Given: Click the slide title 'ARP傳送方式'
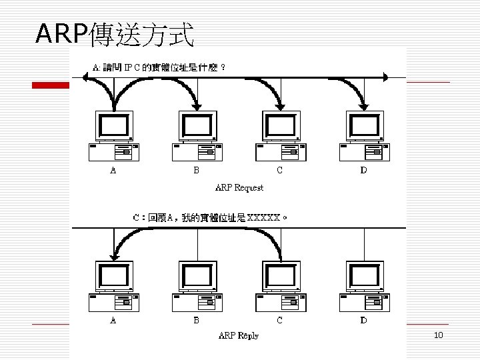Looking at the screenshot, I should (115, 33).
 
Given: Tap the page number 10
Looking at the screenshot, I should (438, 335).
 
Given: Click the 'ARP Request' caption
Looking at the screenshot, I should (239, 187).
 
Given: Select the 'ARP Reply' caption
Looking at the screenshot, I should (239, 335).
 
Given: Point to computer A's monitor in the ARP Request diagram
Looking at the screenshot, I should (114, 126).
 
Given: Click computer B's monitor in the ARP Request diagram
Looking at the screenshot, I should (197, 126).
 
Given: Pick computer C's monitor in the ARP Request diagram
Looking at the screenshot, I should (281, 126).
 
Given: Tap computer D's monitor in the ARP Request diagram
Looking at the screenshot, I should (364, 126).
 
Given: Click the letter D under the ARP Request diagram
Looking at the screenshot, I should (363, 170).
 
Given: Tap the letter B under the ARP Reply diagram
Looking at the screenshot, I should (196, 320).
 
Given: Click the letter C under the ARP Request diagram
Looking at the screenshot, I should (279, 170).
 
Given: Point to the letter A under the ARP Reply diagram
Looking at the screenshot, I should (113, 320).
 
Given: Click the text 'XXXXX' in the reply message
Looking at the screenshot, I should (264, 217).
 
